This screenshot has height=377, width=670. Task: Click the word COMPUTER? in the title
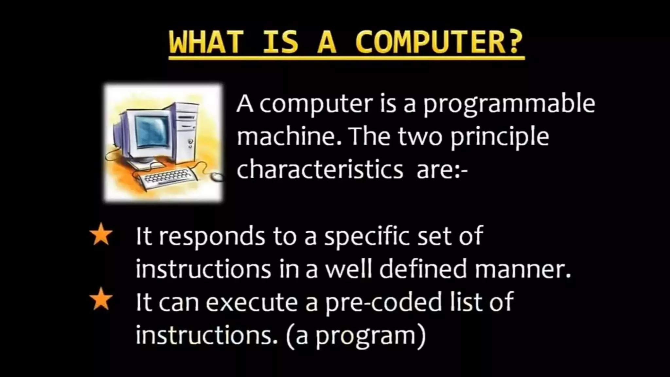tap(439, 43)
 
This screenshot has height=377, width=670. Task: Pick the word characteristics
tap(320, 170)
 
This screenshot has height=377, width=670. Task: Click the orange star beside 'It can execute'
tap(101, 299)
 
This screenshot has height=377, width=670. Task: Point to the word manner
tap(522, 269)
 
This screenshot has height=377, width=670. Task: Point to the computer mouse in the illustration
tap(216, 177)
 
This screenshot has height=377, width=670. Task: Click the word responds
tap(212, 236)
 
